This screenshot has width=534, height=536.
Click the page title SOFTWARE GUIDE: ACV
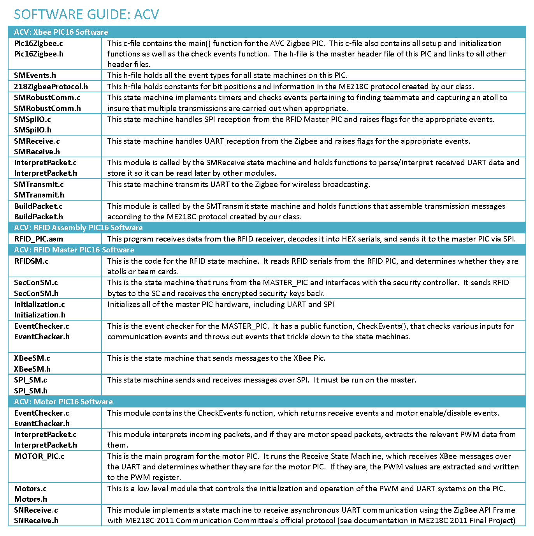86,14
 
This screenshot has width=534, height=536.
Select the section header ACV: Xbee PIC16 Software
61,32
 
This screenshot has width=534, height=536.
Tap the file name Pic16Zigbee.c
39,43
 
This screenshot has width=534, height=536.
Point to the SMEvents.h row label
35,75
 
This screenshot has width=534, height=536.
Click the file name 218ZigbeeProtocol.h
51,86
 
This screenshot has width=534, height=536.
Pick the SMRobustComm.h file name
47,108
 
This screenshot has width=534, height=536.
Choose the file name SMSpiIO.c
32,119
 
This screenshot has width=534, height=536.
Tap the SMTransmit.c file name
39,184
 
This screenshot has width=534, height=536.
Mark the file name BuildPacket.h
39,217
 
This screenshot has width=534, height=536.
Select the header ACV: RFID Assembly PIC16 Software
78,227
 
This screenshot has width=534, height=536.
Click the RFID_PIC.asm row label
39,239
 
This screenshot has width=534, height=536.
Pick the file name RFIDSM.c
31,261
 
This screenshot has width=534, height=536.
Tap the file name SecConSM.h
36,293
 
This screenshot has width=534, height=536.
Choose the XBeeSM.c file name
32,358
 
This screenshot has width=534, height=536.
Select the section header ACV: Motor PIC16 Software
63,402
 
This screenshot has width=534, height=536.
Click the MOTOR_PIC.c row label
39,456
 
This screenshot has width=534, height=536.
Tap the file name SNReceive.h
36,520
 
